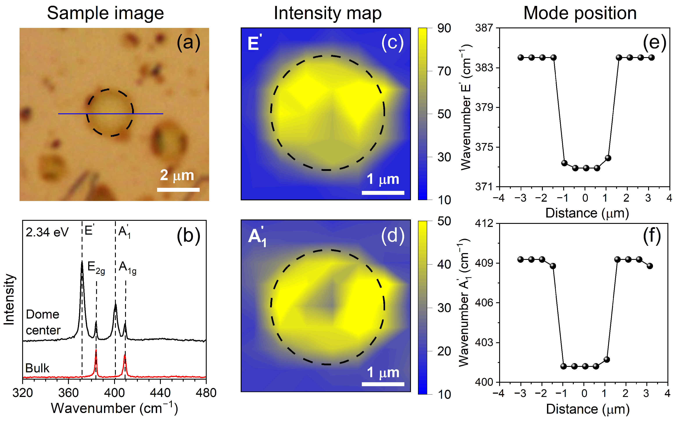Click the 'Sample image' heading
click(105, 13)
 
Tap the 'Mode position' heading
click(580, 13)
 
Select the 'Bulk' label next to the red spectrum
click(37, 368)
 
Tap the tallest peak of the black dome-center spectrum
click(82, 262)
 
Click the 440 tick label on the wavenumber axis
click(160, 393)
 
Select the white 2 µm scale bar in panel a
click(178, 190)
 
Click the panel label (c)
click(393, 42)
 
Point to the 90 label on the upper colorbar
click(444, 28)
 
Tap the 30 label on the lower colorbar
click(444, 308)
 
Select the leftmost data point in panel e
click(520, 58)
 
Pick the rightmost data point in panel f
click(650, 266)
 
